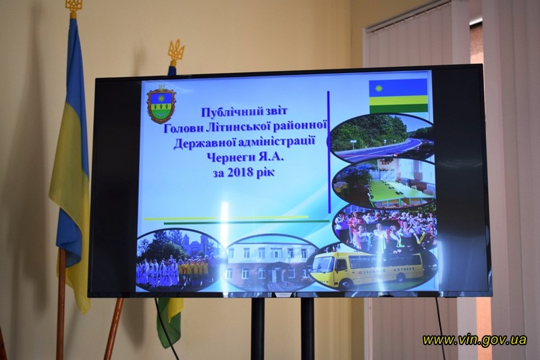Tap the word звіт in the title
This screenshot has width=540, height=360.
pyautogui.click(x=274, y=111)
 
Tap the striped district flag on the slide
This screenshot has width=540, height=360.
pyautogui.click(x=398, y=96)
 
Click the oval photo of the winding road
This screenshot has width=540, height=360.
pyautogui.click(x=382, y=137)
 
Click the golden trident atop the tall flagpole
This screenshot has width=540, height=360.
pyautogui.click(x=72, y=7)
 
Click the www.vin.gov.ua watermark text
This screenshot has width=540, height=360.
pyautogui.click(x=475, y=340)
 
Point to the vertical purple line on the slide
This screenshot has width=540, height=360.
pyautogui.click(x=329, y=152)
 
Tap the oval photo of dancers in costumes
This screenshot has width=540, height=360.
pyautogui.click(x=385, y=228)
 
